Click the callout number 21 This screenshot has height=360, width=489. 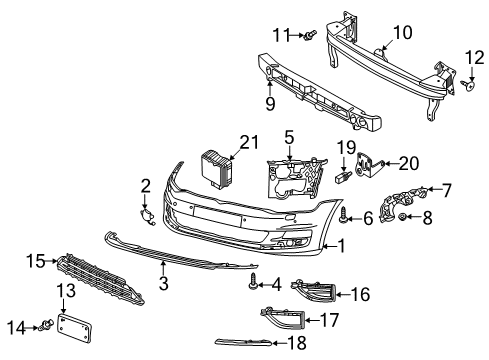[x=249, y=142]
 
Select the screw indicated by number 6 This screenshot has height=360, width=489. [x=344, y=215]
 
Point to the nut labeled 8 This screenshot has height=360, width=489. [x=402, y=217]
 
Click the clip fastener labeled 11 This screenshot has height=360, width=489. [x=310, y=35]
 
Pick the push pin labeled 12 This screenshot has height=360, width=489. [x=469, y=85]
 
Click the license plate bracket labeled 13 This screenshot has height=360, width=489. [x=75, y=328]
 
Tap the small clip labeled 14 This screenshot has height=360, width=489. [x=47, y=325]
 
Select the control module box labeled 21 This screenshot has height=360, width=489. [x=216, y=168]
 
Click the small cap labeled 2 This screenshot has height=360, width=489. [x=147, y=216]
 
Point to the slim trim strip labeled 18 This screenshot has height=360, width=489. [x=244, y=342]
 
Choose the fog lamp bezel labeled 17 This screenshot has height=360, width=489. [x=283, y=318]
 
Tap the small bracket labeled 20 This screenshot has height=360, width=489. [x=367, y=164]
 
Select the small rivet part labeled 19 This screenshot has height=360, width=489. [x=343, y=175]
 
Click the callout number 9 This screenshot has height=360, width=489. [x=270, y=104]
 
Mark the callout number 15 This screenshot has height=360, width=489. [x=36, y=261]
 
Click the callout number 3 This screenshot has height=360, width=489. [x=164, y=284]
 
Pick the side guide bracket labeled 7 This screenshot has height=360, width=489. [x=402, y=203]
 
